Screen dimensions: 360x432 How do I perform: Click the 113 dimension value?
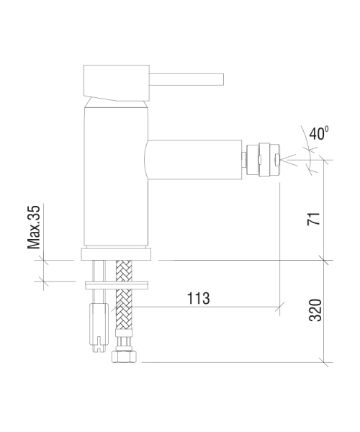tap(198, 298)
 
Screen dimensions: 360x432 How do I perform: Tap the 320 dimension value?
tap(315, 310)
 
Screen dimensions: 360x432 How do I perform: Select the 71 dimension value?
tap(314, 219)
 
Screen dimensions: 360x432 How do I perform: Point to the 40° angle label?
tap(319, 133)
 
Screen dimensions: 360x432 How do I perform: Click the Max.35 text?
tap(34, 228)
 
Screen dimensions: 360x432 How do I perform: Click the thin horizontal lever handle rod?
tap(186, 79)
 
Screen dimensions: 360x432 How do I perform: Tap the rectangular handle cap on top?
tap(117, 83)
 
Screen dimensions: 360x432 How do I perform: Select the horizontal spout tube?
tap(194, 160)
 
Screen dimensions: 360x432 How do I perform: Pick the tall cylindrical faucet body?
tap(116, 176)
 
